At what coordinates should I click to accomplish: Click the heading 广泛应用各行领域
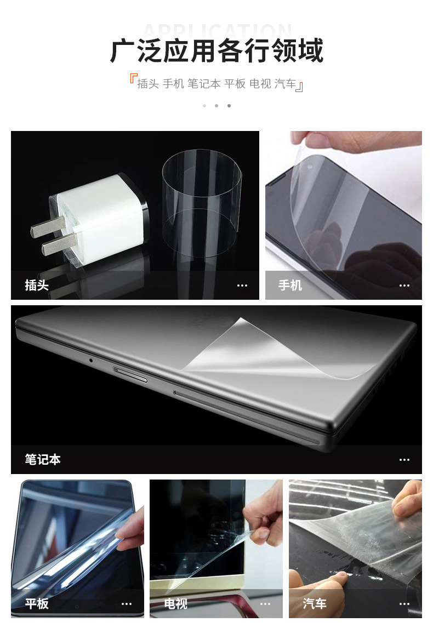click(x=216, y=51)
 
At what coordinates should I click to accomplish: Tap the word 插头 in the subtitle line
click(x=147, y=84)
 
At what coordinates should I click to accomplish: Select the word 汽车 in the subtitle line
click(x=285, y=84)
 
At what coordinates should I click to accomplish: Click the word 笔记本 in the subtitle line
click(x=204, y=84)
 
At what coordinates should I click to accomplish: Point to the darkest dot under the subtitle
click(x=229, y=106)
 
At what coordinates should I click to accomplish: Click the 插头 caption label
click(x=37, y=285)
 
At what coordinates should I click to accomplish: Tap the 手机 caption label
click(x=290, y=285)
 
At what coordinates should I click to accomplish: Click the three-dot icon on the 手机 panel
click(x=404, y=286)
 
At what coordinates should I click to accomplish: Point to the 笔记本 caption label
click(x=43, y=459)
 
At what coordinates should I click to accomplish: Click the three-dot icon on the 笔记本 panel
click(x=404, y=460)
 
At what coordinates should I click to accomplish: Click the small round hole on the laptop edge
click(x=90, y=360)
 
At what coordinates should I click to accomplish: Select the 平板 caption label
click(x=37, y=603)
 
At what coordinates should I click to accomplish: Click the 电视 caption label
click(x=176, y=603)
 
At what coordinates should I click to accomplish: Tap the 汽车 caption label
click(x=315, y=603)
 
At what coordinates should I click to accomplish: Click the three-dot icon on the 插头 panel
click(x=242, y=286)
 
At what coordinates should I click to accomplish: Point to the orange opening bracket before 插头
click(x=133, y=78)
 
